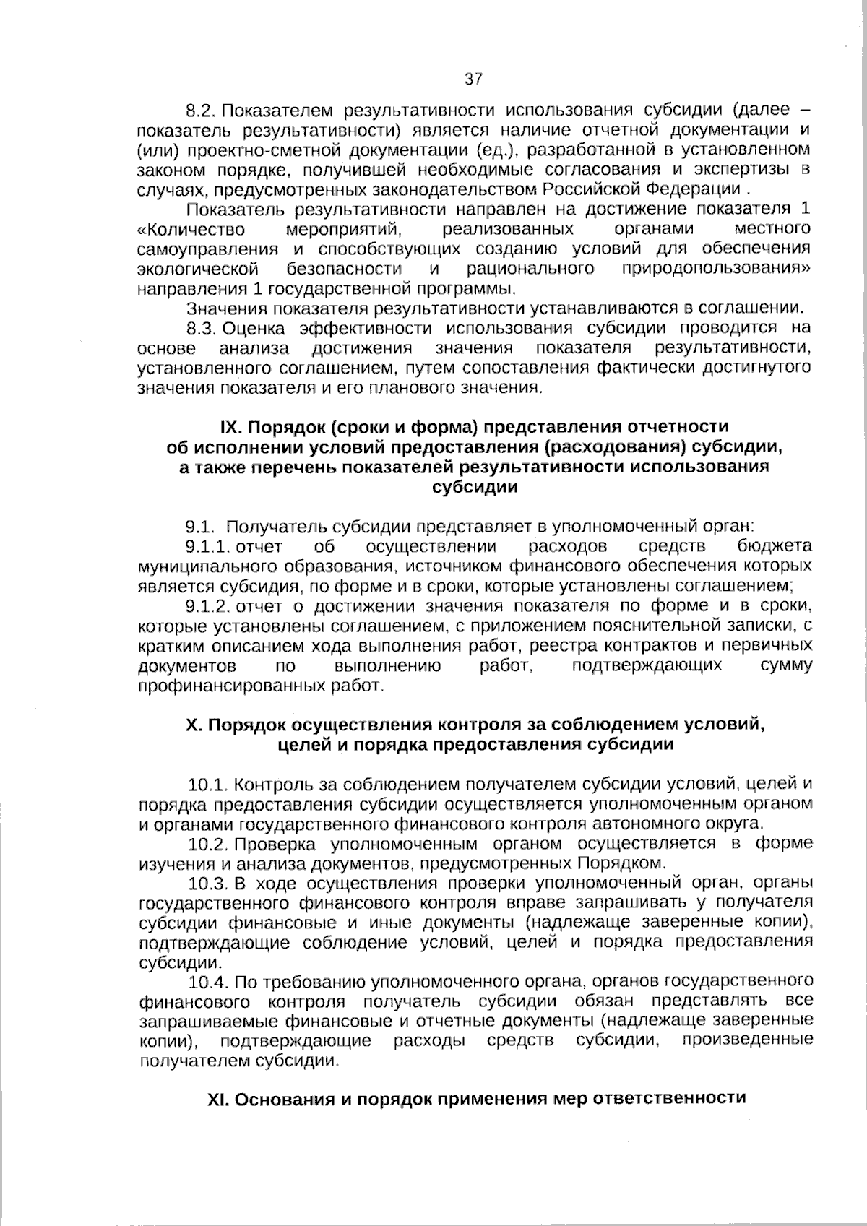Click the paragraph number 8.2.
[202, 111]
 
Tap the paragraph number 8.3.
[202, 329]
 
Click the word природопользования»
[716, 269]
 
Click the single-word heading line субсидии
[474, 487]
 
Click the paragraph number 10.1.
[208, 784]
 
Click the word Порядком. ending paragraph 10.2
[620, 863]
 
